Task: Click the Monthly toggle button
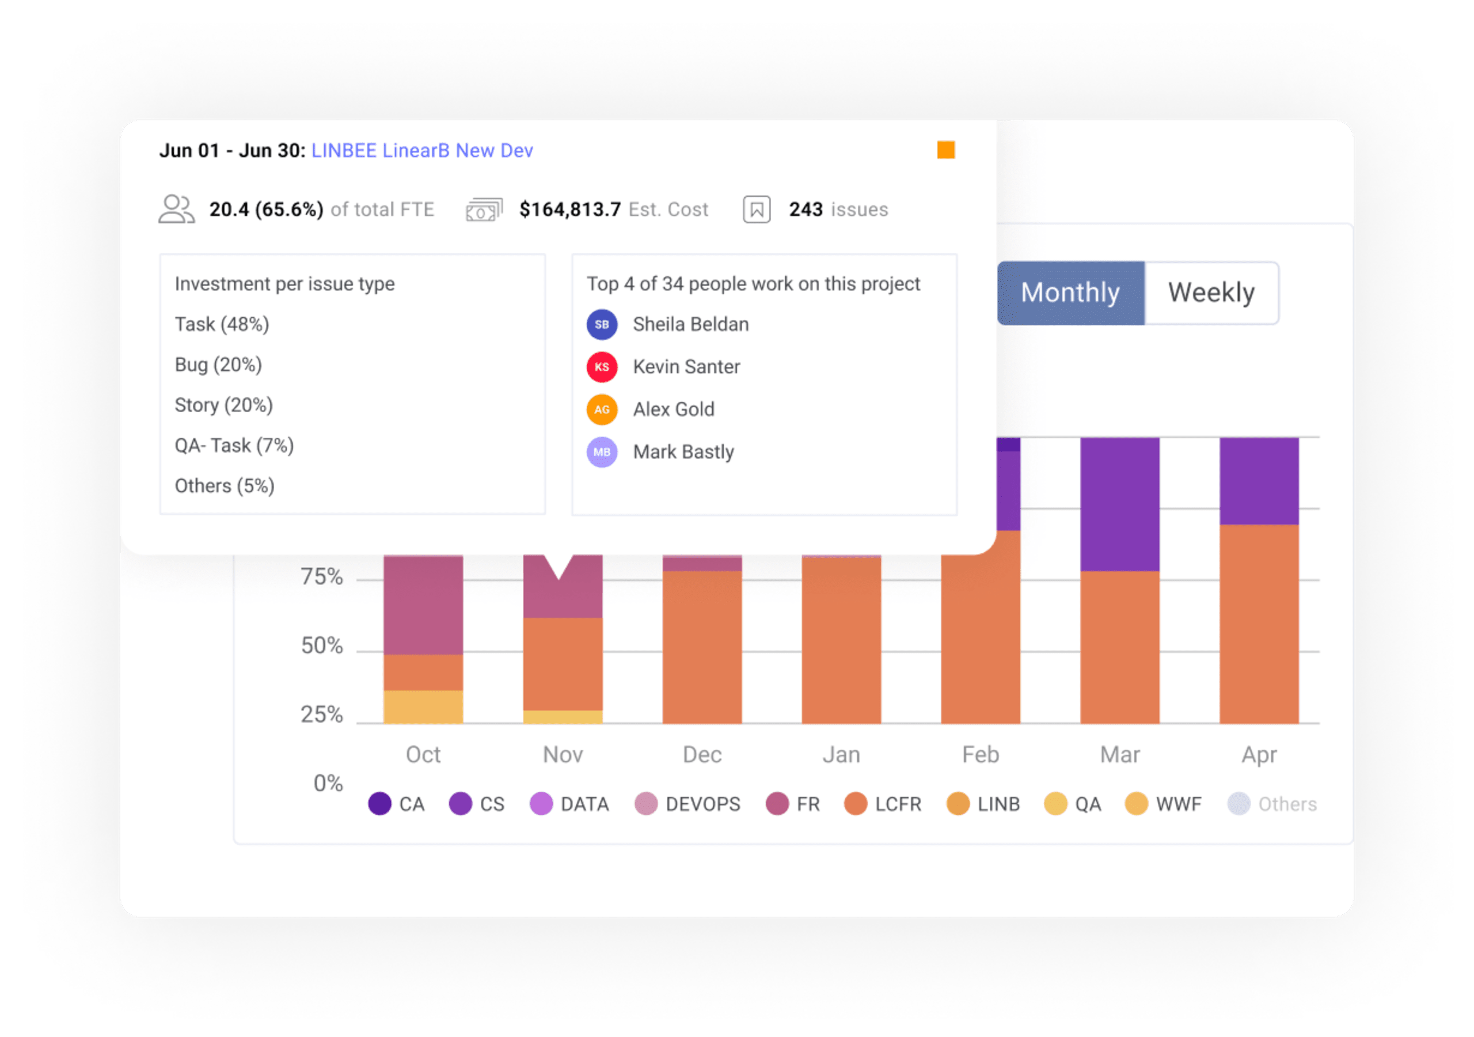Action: (x=1070, y=293)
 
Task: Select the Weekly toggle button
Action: (x=1211, y=293)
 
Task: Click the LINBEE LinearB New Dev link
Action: (x=422, y=150)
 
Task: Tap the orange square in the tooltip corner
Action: (x=945, y=150)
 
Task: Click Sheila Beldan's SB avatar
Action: (x=602, y=324)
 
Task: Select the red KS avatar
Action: (x=602, y=367)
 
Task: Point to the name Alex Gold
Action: (x=674, y=409)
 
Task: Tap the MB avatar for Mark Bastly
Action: (x=602, y=452)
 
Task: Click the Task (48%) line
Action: (x=222, y=324)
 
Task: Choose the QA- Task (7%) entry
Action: (x=234, y=446)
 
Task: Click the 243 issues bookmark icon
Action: (x=756, y=210)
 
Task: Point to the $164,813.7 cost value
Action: (x=570, y=210)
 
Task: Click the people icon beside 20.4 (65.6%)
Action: (x=177, y=210)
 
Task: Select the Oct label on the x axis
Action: (x=423, y=754)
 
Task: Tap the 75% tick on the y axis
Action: (x=322, y=576)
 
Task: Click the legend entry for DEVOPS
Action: (x=687, y=804)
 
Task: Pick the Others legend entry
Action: (x=1272, y=804)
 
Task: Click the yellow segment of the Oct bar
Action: (x=423, y=707)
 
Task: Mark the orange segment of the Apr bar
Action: (x=1259, y=624)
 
